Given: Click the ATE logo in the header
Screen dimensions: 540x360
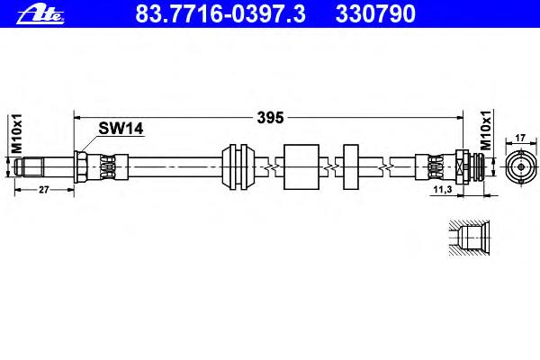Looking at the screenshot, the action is [40, 14].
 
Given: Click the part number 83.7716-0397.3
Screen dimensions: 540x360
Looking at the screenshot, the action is [220, 13].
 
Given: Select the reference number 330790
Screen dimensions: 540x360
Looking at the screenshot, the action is [375, 13].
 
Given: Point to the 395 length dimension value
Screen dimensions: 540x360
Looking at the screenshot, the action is [270, 118].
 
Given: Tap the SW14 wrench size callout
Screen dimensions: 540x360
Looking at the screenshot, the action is [121, 129].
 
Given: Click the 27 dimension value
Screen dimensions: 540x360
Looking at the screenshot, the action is [44, 190].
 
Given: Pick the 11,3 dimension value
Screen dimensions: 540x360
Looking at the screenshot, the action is [443, 190].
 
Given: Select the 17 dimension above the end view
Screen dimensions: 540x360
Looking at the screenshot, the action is [520, 138].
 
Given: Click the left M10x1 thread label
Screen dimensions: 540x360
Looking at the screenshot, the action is [16, 134].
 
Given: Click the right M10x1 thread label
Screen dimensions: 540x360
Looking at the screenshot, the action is [486, 130].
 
